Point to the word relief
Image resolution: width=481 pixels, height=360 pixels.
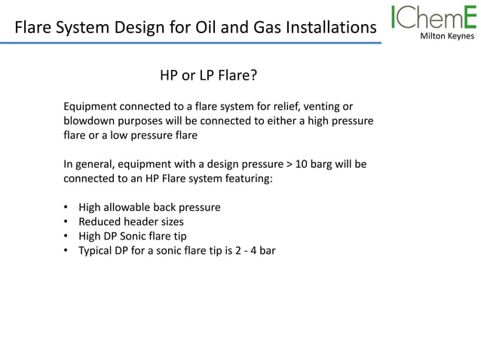tap(271, 106)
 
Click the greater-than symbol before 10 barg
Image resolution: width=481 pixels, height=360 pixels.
tap(289, 163)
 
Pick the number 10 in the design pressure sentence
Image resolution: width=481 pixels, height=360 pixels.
tap(302, 163)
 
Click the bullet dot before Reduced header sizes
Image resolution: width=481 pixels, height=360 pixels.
tap(66, 221)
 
